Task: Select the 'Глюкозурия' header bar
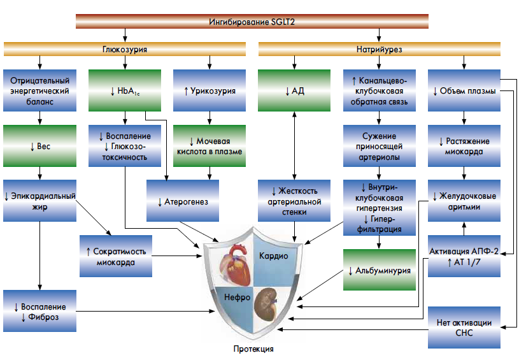click(125, 49)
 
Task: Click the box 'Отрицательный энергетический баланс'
click(40, 91)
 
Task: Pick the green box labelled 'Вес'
click(40, 146)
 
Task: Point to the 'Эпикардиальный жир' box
click(40, 201)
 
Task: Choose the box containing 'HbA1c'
click(125, 91)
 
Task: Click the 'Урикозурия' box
click(210, 91)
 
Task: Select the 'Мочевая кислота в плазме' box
click(210, 146)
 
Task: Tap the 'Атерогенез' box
click(182, 201)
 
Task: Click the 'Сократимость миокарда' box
click(116, 256)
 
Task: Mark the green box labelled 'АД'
click(294, 91)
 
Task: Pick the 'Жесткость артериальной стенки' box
click(294, 201)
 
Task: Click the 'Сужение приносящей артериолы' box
click(380, 146)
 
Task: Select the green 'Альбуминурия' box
click(380, 270)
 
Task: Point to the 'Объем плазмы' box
click(464, 91)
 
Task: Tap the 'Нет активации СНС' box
click(464, 328)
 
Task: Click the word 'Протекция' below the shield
click(253, 349)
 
